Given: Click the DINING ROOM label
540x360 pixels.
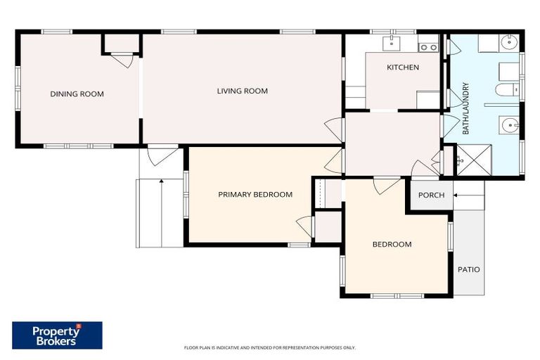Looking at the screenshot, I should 77,94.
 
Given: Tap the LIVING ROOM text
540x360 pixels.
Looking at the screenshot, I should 242,91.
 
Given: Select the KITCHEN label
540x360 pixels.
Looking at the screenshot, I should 403,67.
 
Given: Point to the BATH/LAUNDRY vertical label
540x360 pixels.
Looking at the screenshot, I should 465,109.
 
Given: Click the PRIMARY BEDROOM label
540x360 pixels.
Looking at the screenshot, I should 255,195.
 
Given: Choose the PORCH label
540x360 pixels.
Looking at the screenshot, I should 431,195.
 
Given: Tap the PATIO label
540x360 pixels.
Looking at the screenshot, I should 469,269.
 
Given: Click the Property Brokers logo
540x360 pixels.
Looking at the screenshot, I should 57,335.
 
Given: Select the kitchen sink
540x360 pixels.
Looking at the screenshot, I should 391,45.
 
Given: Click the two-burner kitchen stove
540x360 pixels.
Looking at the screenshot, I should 427,48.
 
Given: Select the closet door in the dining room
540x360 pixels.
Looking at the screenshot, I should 123,60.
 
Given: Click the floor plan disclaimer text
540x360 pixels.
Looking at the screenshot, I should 269,347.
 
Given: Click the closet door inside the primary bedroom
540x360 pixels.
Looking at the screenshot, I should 305,226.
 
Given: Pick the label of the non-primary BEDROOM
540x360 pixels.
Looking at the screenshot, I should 392,245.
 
